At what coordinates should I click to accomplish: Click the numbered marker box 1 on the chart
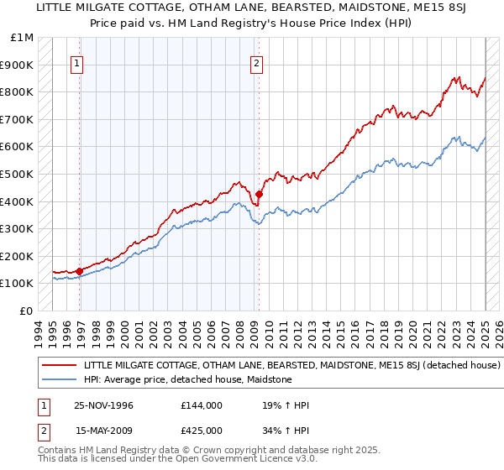(x=77, y=62)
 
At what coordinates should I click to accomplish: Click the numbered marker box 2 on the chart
(x=255, y=62)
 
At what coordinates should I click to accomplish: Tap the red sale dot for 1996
(x=80, y=271)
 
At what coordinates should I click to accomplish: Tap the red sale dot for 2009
(x=259, y=194)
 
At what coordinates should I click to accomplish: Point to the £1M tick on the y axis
(x=23, y=38)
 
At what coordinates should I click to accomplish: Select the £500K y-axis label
(x=18, y=175)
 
